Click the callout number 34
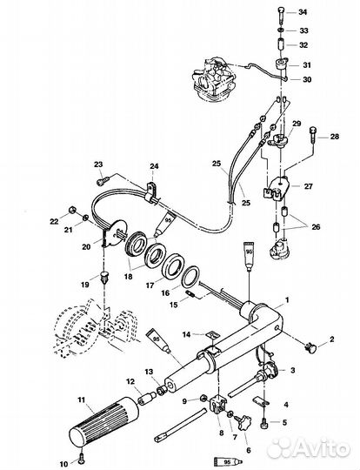(x=303, y=12)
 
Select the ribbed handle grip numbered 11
(x=104, y=422)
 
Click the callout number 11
(x=82, y=399)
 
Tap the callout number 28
(x=335, y=137)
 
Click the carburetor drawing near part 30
(x=212, y=78)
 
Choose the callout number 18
(x=128, y=277)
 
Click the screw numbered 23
(x=103, y=180)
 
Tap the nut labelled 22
(x=72, y=210)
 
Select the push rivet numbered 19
(x=104, y=278)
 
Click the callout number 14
(x=187, y=334)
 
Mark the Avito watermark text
(x=309, y=448)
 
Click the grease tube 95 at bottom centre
(x=229, y=461)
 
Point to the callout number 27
(x=308, y=186)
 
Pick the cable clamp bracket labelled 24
(x=151, y=192)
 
